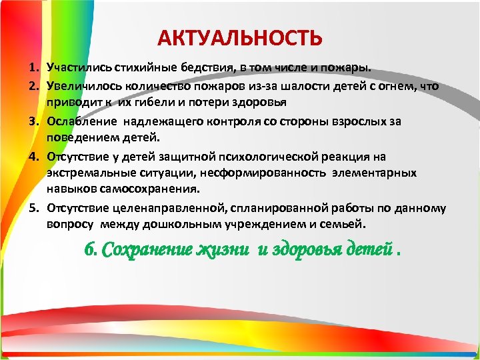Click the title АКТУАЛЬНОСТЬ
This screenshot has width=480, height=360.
click(240, 38)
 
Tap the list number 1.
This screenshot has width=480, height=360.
click(31, 69)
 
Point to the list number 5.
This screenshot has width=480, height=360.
click(31, 207)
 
